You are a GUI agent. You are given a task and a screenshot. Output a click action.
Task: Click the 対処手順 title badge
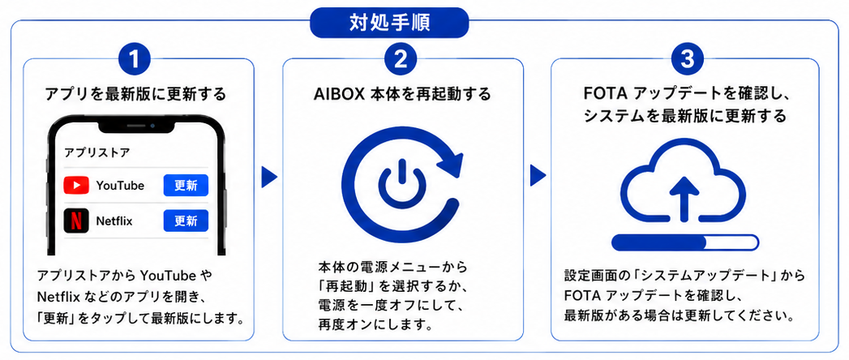[388, 23]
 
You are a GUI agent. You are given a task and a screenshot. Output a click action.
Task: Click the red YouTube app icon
[76, 186]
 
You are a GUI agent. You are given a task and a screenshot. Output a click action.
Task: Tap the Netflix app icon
[76, 221]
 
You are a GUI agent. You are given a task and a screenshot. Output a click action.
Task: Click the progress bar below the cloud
[685, 242]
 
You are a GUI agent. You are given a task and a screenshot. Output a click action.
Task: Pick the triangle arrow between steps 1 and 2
[268, 176]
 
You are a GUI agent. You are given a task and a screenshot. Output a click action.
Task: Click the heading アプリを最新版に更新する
[135, 94]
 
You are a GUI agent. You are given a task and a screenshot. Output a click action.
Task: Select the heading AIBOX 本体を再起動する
[402, 94]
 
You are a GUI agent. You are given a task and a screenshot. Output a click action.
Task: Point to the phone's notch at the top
[138, 126]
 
